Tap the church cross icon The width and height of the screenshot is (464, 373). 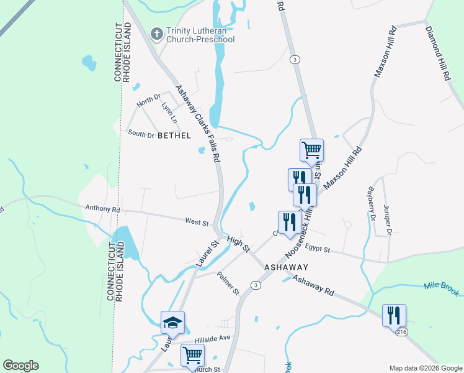[x=157, y=34]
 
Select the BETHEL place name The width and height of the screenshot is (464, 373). [x=174, y=135]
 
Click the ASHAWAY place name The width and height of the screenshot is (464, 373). [x=286, y=266]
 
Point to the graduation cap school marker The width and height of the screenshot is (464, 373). [x=172, y=322]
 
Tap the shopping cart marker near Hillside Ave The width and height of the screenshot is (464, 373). [x=192, y=356]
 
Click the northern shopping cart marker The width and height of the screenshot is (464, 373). [x=311, y=149]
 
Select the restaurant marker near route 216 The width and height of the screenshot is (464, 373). [x=394, y=315]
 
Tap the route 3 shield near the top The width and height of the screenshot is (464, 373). [x=295, y=59]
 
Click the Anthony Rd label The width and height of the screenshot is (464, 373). [x=102, y=210]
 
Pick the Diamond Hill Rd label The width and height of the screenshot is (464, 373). [x=437, y=54]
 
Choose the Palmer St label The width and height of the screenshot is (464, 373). [x=228, y=283]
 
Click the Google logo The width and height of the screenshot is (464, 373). [x=20, y=366]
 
